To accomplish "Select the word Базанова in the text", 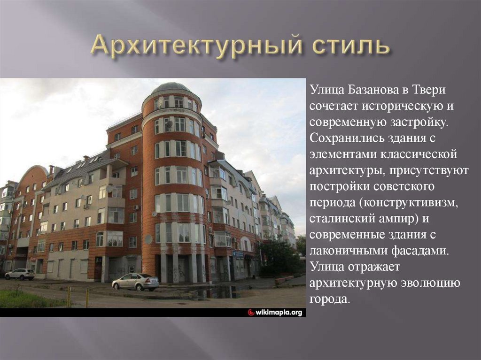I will pyautogui.click(x=368, y=89).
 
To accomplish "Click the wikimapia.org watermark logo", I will pyautogui.click(x=276, y=312).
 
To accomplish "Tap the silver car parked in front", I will pyautogui.click(x=135, y=282).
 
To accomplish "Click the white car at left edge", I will pyautogui.click(x=20, y=274).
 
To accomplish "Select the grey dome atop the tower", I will pyautogui.click(x=171, y=87).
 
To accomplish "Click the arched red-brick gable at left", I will pyautogui.click(x=33, y=175).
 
